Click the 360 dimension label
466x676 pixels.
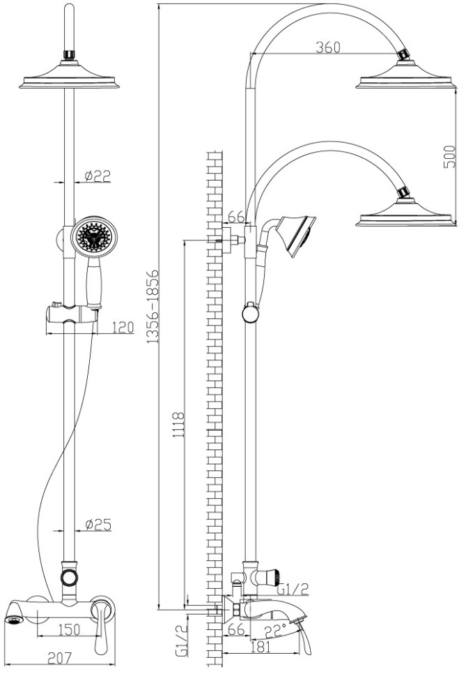[328, 47]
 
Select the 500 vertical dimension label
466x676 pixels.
[449, 158]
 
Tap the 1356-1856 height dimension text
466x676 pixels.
[153, 307]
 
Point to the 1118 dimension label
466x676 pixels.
[178, 425]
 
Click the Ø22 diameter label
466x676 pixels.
[98, 176]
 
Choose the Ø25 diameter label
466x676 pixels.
[98, 525]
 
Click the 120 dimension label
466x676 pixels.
[123, 328]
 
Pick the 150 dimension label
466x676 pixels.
[69, 629]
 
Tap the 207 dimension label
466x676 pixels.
[60, 658]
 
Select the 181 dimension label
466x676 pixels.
[260, 646]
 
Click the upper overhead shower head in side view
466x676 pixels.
[405, 75]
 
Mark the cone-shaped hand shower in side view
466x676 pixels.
[297, 235]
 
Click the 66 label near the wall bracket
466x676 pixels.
[236, 217]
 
